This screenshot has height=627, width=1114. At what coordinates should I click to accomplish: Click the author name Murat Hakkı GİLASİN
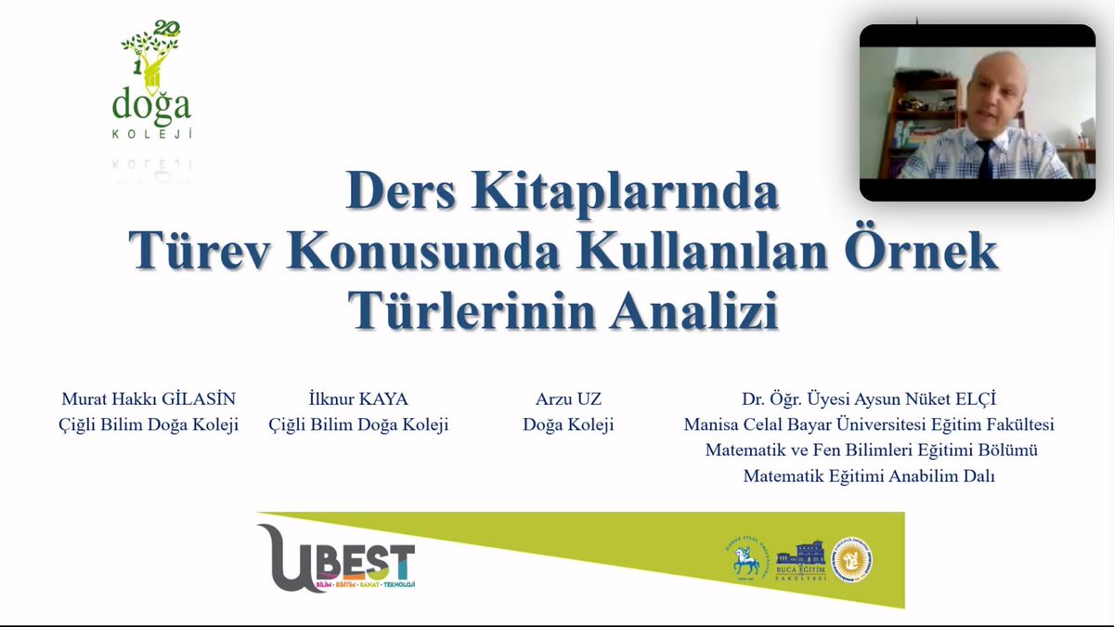point(149,399)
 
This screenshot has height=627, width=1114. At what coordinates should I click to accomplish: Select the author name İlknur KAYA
point(358,399)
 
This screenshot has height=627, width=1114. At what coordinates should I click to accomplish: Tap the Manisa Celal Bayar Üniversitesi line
point(869,425)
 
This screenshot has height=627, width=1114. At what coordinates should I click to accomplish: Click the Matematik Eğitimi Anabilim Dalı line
point(869,477)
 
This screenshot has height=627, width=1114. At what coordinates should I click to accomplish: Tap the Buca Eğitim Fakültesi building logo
point(800,560)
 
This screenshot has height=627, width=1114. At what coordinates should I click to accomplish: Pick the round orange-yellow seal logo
point(851,560)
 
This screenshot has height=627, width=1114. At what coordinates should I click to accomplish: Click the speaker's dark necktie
point(985,159)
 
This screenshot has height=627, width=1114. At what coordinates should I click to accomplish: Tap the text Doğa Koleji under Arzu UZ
point(568,425)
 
